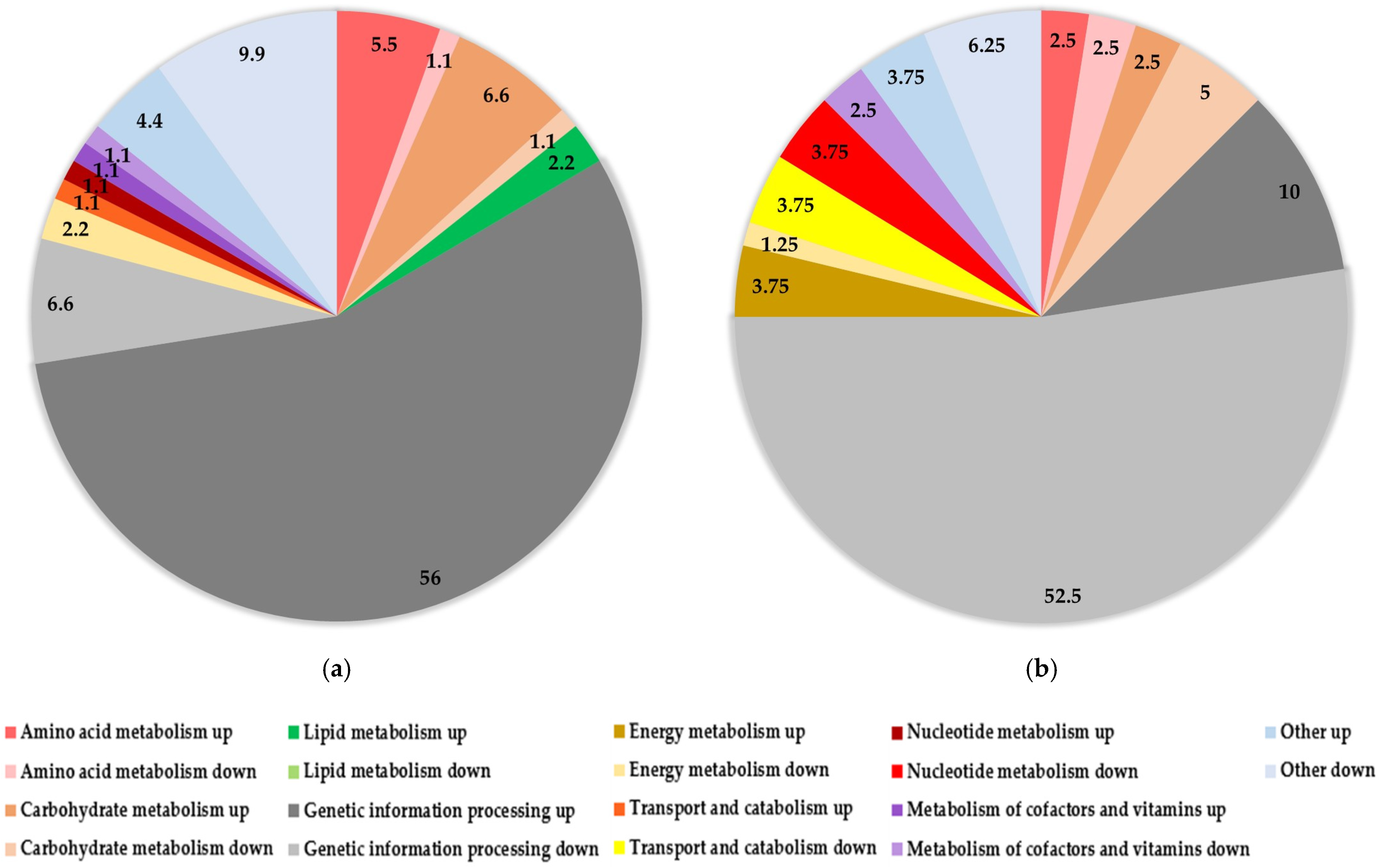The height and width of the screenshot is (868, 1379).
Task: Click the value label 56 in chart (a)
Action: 430,578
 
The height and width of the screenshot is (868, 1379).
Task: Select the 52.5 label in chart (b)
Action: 1062,596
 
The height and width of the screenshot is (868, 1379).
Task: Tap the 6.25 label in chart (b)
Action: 986,46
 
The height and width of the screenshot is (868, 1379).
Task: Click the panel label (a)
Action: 337,669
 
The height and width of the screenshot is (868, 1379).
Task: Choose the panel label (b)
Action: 1041,669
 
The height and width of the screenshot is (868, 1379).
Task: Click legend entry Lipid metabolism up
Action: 385,732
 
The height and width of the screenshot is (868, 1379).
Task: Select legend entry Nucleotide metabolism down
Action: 1022,771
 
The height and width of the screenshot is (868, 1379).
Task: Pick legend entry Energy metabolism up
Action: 717,732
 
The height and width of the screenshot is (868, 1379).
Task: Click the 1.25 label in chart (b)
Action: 779,245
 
